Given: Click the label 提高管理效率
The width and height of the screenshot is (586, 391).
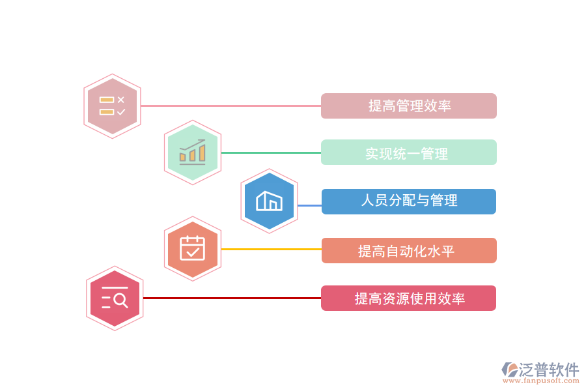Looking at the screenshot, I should pyautogui.click(x=409, y=106).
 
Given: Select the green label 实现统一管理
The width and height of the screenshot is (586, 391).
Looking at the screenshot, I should pyautogui.click(x=409, y=152).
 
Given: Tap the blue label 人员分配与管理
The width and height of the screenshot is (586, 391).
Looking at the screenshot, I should pyautogui.click(x=409, y=201).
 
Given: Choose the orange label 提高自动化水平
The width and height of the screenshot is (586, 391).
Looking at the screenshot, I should pyautogui.click(x=409, y=250).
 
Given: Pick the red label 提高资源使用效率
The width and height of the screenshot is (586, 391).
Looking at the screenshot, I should pyautogui.click(x=409, y=298).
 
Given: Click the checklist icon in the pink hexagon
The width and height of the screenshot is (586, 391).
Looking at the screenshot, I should pyautogui.click(x=113, y=106).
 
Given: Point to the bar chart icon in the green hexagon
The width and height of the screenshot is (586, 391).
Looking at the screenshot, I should pyautogui.click(x=193, y=152).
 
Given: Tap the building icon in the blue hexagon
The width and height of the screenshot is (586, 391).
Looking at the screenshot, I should pyautogui.click(x=269, y=201).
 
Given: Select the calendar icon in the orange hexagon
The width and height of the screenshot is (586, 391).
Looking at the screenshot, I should pyautogui.click(x=193, y=248).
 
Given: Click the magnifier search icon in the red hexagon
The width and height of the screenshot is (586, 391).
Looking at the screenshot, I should pyautogui.click(x=115, y=298).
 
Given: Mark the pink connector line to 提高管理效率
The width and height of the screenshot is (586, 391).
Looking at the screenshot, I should pyautogui.click(x=231, y=106).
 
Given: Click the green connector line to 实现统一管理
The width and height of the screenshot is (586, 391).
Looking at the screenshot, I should pyautogui.click(x=271, y=152).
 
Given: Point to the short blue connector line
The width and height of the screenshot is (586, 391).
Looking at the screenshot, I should pyautogui.click(x=309, y=205).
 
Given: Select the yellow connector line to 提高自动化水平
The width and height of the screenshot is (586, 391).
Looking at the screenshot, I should pyautogui.click(x=271, y=249).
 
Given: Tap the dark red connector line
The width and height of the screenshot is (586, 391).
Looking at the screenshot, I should pyautogui.click(x=231, y=298).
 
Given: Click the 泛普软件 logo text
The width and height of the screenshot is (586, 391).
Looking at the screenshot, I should pyautogui.click(x=549, y=369).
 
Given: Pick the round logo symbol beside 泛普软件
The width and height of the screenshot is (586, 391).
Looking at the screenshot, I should pyautogui.click(x=509, y=369).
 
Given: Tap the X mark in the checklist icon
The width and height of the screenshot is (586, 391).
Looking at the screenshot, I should pyautogui.click(x=120, y=100).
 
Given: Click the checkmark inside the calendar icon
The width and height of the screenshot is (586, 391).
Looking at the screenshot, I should pyautogui.click(x=193, y=251).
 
